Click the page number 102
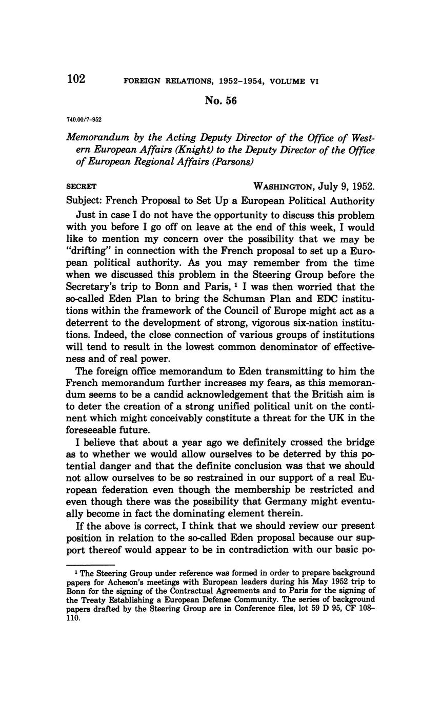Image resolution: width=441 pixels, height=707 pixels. [x=76, y=79]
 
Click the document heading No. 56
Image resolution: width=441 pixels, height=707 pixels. [x=221, y=101]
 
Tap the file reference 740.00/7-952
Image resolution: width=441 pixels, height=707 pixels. [x=84, y=120]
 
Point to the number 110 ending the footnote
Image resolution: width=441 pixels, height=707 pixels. [x=73, y=618]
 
